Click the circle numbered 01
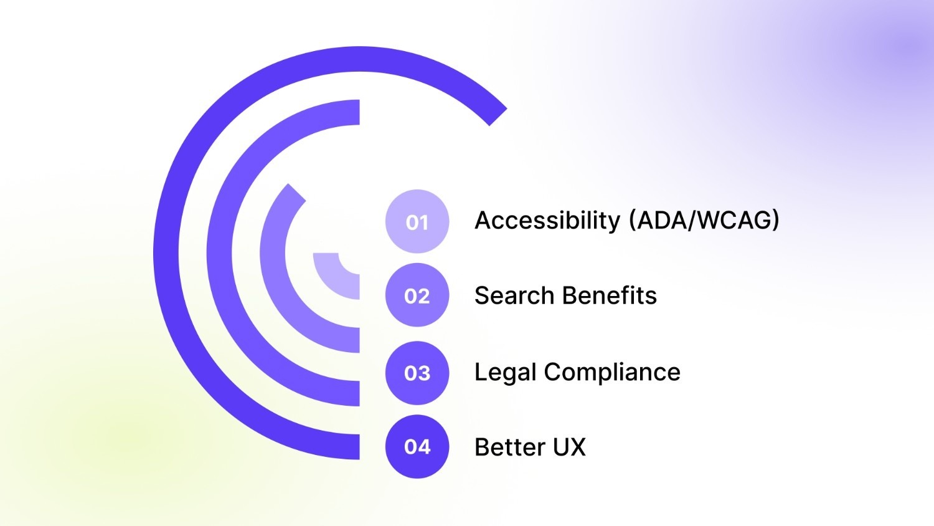(417, 221)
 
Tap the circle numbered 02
(417, 295)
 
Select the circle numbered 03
(417, 373)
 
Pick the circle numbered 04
(417, 446)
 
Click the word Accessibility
(547, 220)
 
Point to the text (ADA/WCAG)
(704, 220)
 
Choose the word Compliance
(612, 372)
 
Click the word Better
(509, 447)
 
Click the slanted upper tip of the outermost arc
(498, 117)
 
